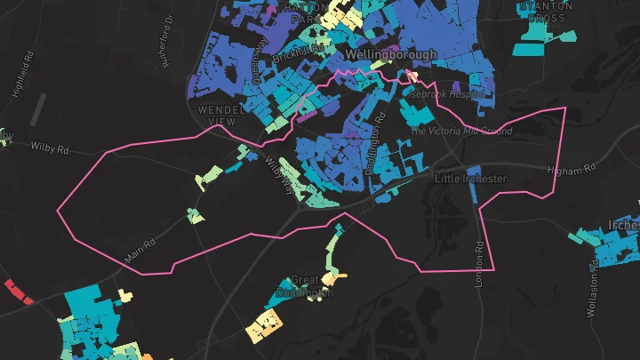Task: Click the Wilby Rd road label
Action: coord(49,145)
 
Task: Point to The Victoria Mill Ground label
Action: coord(460,131)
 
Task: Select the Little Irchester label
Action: coord(469,179)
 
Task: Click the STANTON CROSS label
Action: coord(545,11)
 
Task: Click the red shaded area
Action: coord(18,292)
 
